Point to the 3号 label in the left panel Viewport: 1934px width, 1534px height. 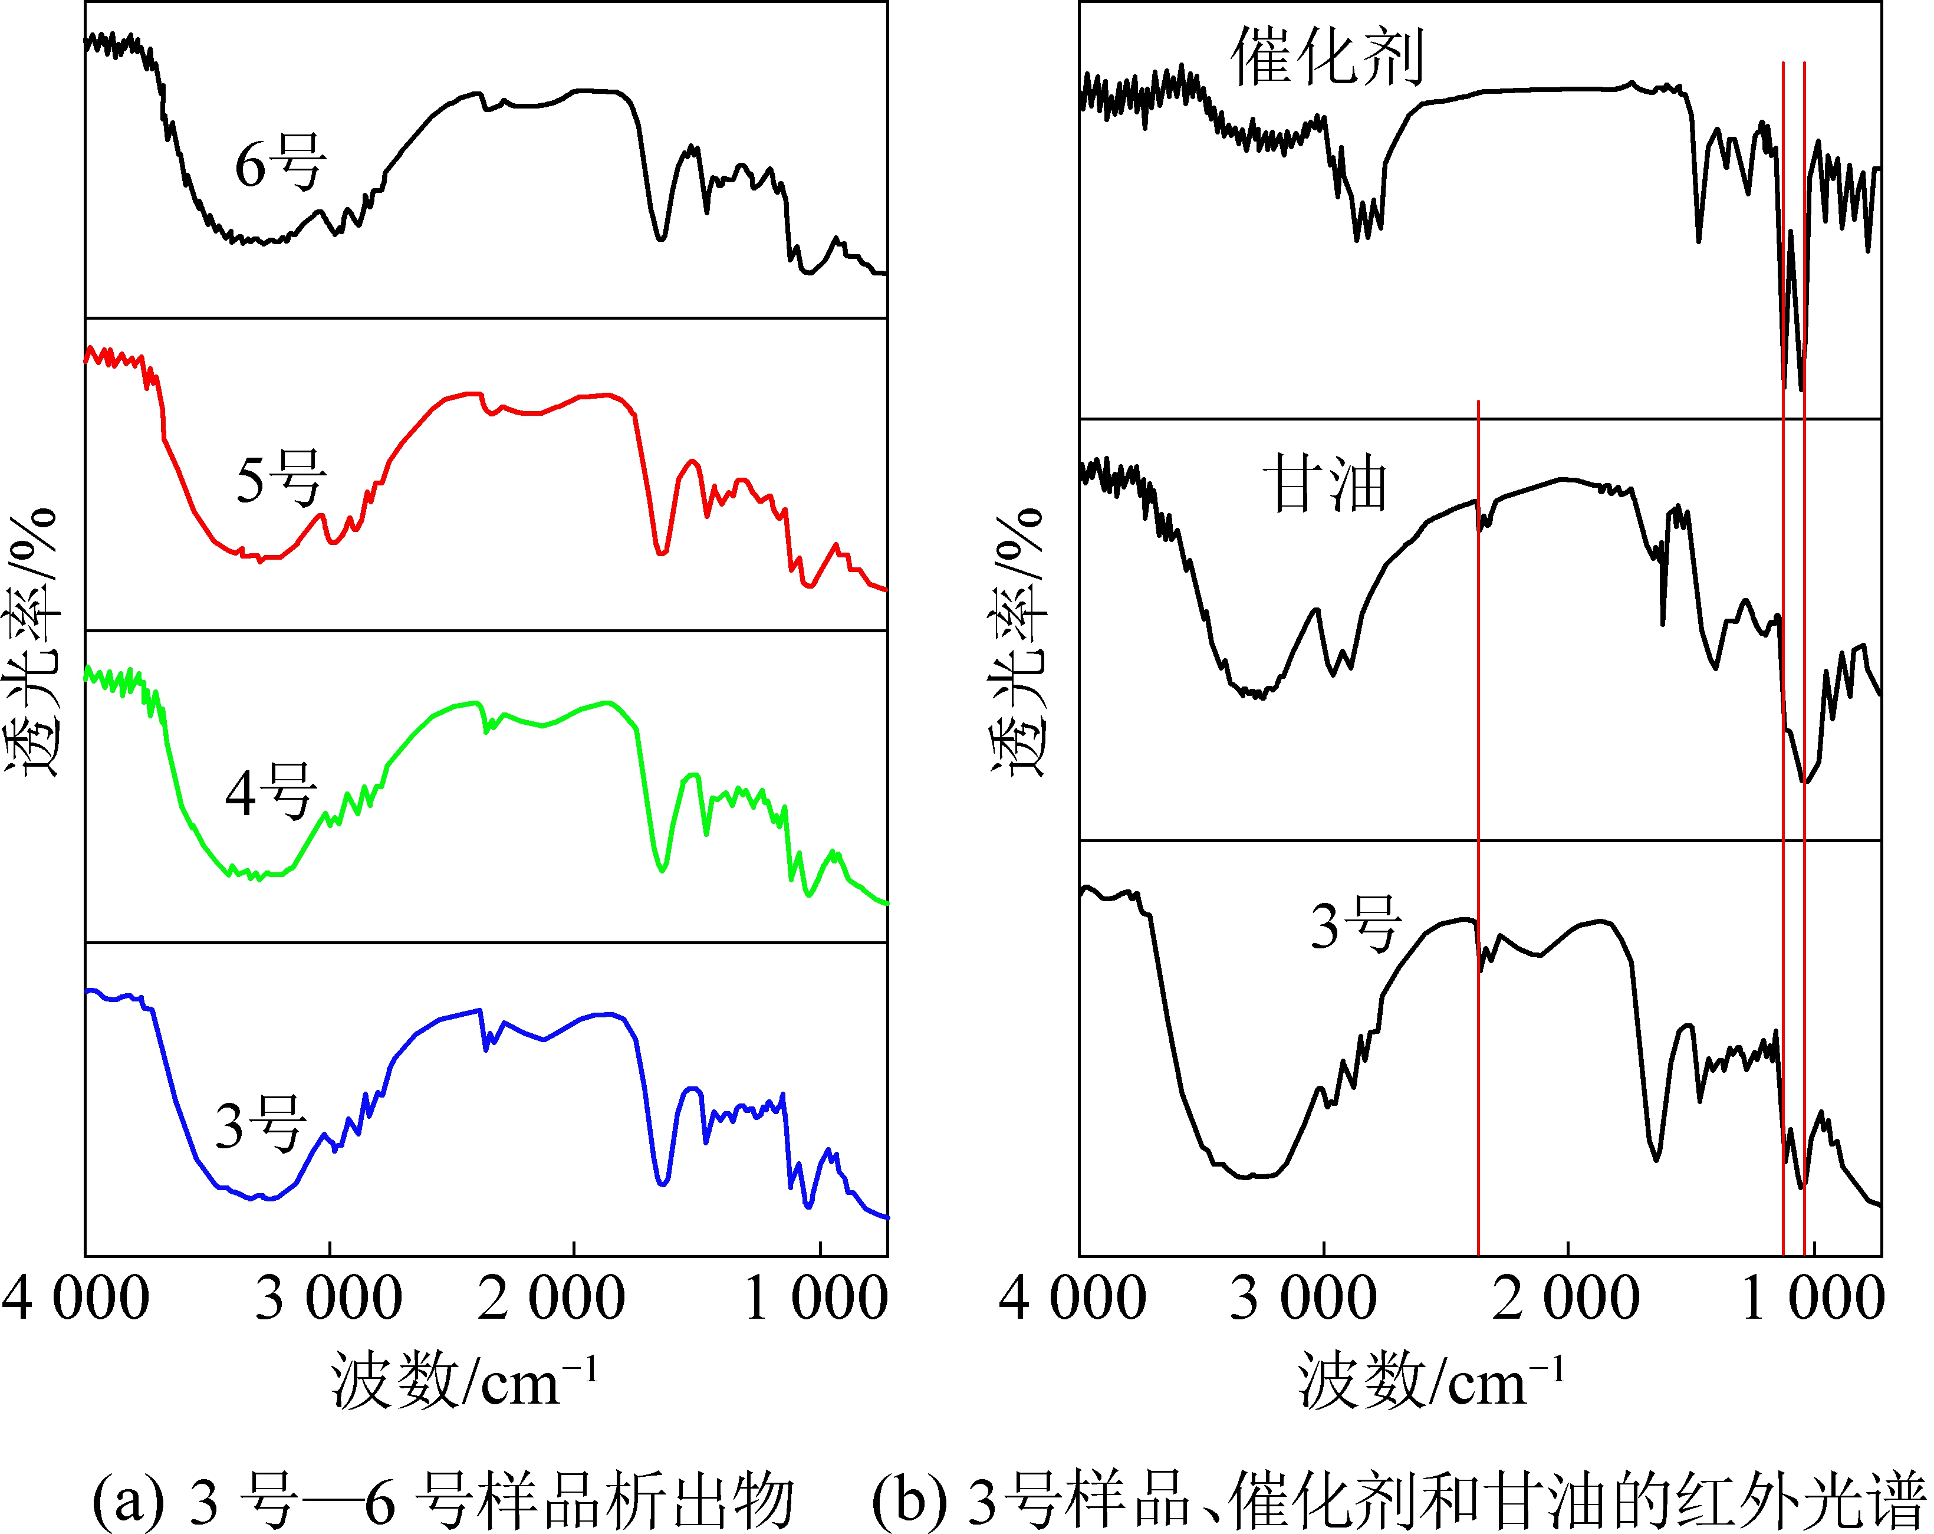[x=260, y=1125]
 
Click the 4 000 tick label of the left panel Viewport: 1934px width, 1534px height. [x=75, y=1298]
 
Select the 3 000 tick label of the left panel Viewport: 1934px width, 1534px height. [x=328, y=1298]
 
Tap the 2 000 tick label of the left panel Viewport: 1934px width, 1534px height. [x=551, y=1298]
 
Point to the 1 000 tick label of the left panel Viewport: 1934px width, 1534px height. [x=816, y=1298]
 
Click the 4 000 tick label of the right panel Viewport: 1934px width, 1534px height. [x=1072, y=1298]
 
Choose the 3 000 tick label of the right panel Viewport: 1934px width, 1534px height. [x=1303, y=1298]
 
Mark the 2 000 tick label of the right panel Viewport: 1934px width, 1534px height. [x=1566, y=1298]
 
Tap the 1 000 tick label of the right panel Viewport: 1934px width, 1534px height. [x=1812, y=1298]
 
